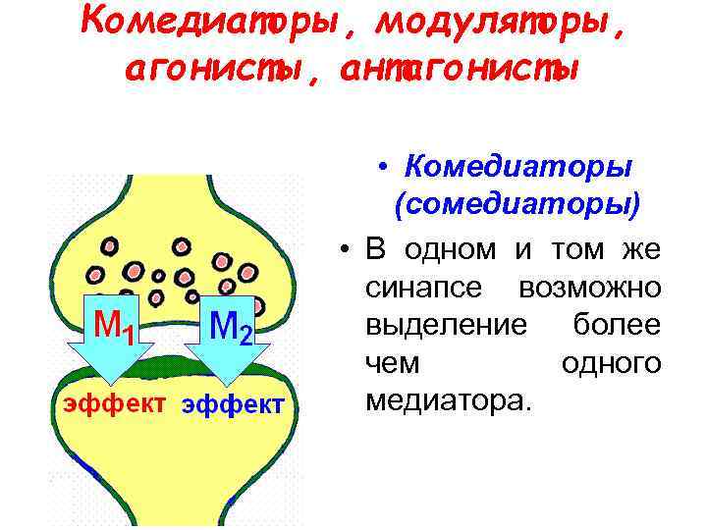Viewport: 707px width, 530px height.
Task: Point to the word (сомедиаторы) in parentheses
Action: [517, 206]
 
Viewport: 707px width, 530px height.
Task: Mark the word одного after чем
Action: [611, 363]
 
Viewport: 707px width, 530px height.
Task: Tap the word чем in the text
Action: [392, 363]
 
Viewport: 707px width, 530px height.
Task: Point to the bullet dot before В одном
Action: [338, 250]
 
